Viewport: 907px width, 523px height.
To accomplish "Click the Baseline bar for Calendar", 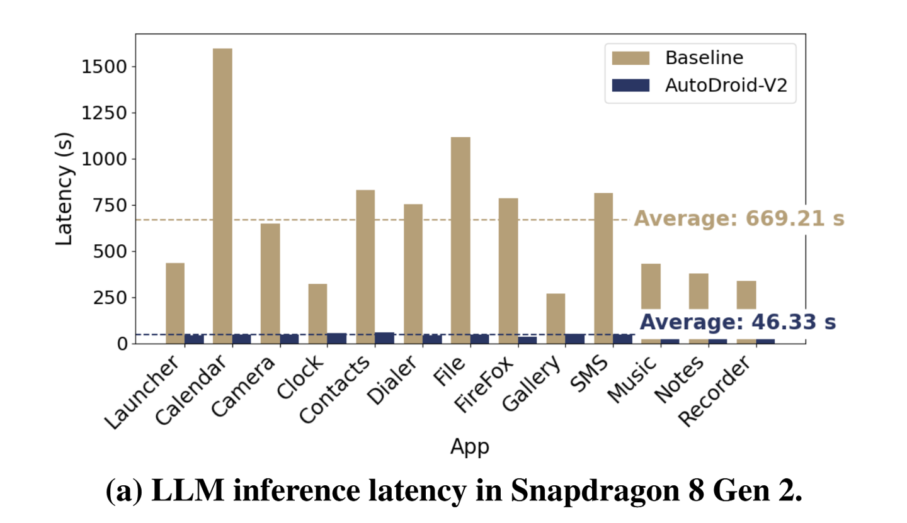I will [222, 196].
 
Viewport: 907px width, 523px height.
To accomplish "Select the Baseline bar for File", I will [460, 240].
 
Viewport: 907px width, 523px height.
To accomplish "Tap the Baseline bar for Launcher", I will [175, 303].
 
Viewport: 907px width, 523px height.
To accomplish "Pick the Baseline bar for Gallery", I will [556, 318].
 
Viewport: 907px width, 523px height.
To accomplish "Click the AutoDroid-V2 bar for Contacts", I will [384, 338].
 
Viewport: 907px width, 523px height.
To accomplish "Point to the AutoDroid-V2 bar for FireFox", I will [527, 340].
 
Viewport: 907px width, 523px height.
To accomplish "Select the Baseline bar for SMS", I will [603, 268].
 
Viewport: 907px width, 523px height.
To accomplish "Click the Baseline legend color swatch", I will [630, 58].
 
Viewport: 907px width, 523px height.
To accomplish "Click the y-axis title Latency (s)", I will [65, 188].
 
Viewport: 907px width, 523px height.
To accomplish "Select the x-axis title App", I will [469, 446].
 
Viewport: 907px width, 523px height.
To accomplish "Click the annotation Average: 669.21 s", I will [738, 219].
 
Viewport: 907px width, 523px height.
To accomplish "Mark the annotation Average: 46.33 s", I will [738, 322].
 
